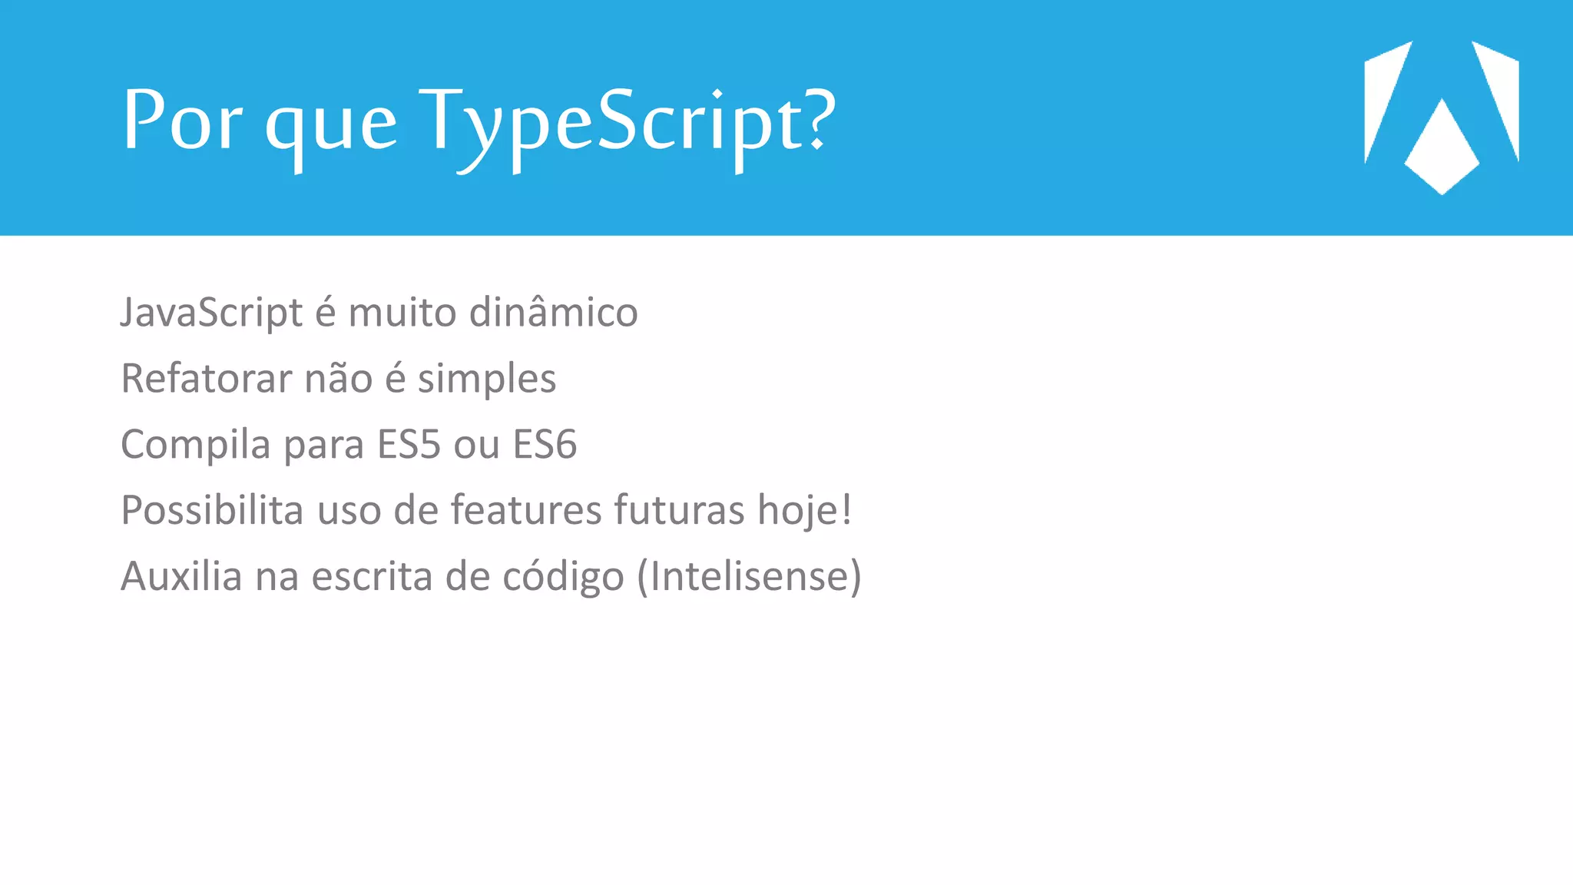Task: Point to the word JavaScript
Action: point(212,313)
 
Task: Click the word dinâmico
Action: point(553,312)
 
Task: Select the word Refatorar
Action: point(207,379)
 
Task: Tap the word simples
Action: point(486,380)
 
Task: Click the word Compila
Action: point(196,445)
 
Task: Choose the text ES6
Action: point(545,445)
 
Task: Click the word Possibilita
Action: point(212,510)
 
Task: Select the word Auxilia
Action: point(182,576)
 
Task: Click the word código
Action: point(563,577)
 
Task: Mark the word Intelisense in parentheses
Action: point(749,576)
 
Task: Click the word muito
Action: point(402,313)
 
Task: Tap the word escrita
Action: point(372,576)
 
